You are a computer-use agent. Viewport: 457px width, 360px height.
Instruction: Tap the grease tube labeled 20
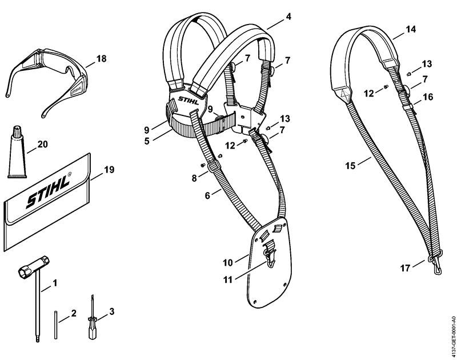17,153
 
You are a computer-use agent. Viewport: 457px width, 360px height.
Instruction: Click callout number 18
101,59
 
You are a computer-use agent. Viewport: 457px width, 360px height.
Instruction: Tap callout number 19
109,170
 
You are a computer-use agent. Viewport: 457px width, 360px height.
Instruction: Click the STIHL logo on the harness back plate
189,100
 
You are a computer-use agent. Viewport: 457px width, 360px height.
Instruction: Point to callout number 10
228,263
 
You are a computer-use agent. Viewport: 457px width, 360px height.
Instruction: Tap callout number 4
288,17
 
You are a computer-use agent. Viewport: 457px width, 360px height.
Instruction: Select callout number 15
351,166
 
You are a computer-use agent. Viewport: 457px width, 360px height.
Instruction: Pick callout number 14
411,29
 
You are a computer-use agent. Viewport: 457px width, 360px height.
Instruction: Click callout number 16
428,97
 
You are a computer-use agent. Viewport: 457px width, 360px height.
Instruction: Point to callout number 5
147,141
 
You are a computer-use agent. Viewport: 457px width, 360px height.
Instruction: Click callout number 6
207,195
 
